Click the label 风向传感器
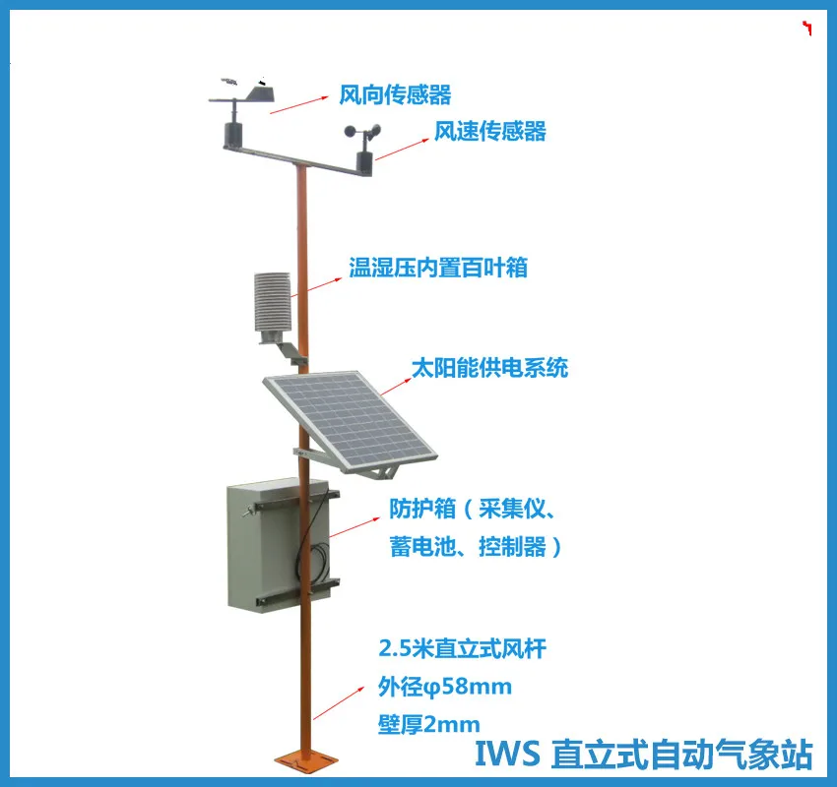coord(395,94)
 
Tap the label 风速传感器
coord(490,131)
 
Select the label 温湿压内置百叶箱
coord(438,268)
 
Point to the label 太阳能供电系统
coord(489,368)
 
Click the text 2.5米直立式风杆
coord(462,648)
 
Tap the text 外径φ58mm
coord(445,687)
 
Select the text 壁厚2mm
coord(428,724)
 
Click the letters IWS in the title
coord(507,754)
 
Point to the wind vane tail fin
coord(259,93)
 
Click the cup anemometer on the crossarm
coord(363,131)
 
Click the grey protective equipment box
coord(278,544)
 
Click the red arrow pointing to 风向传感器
coord(299,105)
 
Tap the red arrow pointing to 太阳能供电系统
coord(396,387)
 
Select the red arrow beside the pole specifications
coord(339,703)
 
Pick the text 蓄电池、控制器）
coord(475,547)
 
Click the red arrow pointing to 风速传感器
coord(403,150)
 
